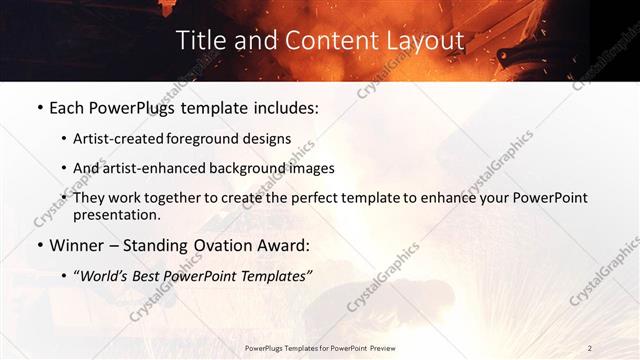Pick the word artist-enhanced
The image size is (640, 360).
tap(152, 169)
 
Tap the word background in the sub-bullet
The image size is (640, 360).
tap(243, 169)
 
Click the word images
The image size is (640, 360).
tap(307, 169)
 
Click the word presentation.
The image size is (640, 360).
tap(116, 215)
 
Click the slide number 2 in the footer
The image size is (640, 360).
tap(590, 347)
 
